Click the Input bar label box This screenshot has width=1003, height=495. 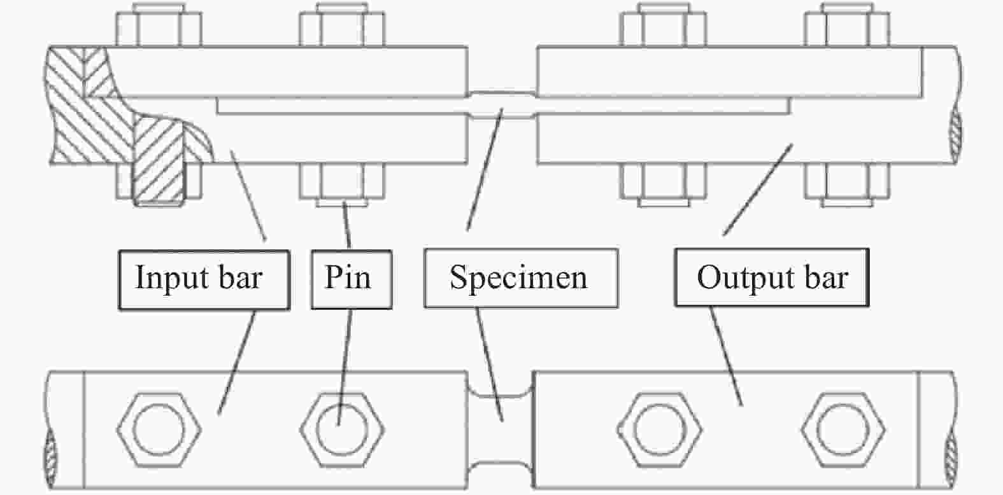click(x=204, y=279)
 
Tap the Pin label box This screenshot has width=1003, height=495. click(x=351, y=279)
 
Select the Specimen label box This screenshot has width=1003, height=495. click(x=520, y=279)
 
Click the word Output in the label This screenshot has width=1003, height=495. click(x=739, y=278)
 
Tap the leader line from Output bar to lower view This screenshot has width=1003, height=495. click(x=726, y=356)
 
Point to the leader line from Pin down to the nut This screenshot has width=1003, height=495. click(x=347, y=226)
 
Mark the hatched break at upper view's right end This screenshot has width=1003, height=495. click(x=954, y=137)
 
